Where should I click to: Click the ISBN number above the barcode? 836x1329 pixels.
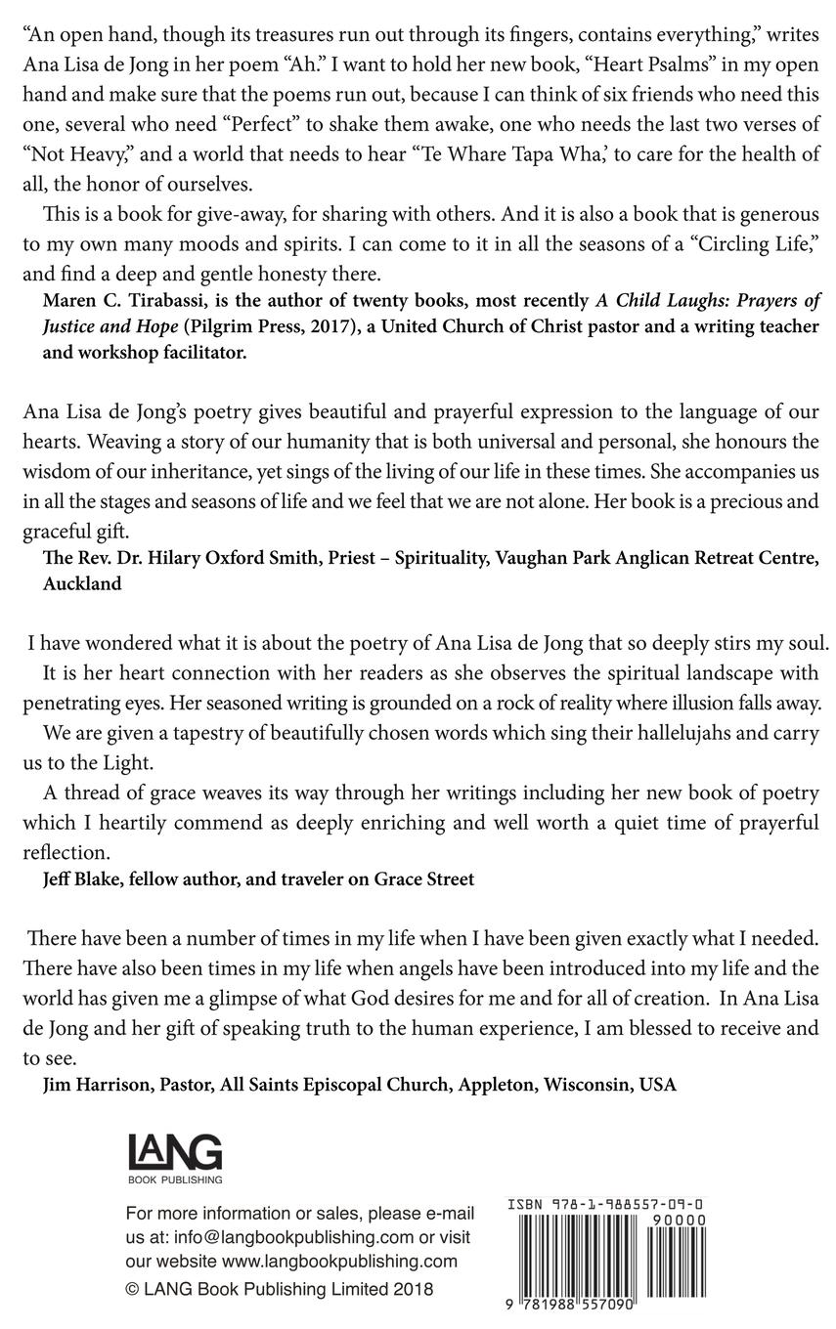click(x=605, y=1205)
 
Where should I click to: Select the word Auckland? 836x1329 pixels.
click(x=82, y=584)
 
